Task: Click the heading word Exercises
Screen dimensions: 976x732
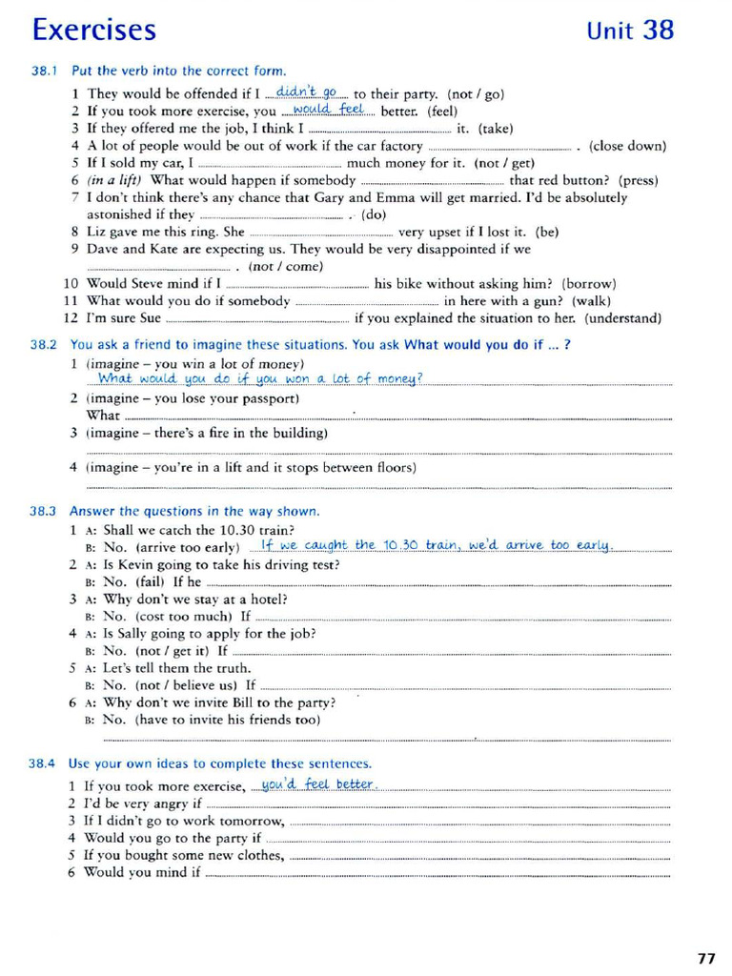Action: point(93,30)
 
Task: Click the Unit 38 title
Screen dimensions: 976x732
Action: point(630,30)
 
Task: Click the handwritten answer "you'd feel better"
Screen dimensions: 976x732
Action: point(318,784)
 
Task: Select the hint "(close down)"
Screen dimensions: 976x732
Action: point(627,146)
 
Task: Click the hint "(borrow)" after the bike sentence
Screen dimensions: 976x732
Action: point(589,283)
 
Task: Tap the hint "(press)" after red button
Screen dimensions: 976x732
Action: point(639,180)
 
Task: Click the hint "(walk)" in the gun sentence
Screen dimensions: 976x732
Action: point(591,301)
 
